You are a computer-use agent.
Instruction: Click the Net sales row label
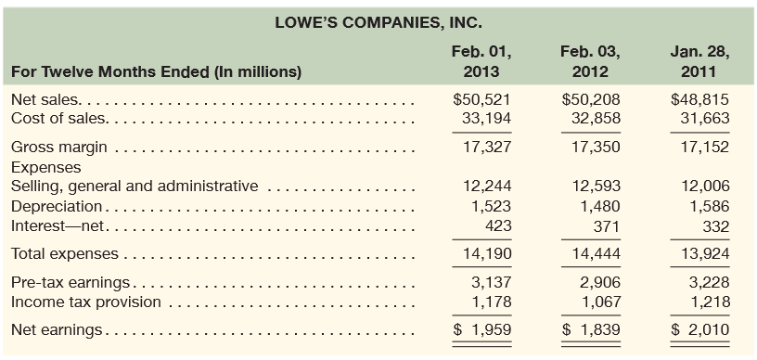coord(45,99)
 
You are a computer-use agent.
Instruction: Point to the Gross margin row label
coord(58,147)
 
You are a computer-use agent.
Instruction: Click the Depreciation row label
coord(56,206)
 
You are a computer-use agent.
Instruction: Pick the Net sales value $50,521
coord(481,99)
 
